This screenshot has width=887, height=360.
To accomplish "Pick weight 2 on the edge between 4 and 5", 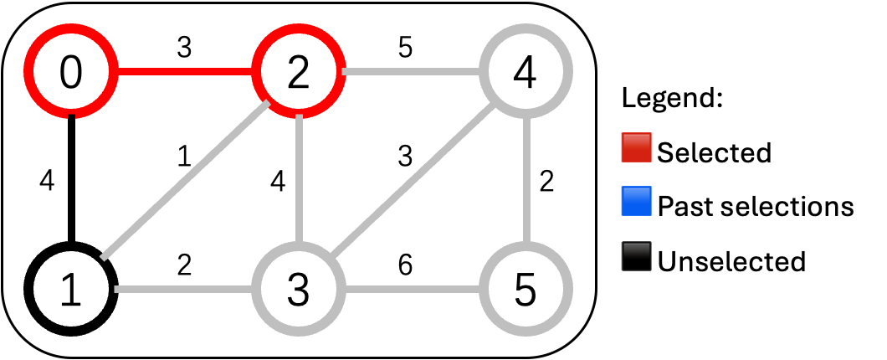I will tap(547, 182).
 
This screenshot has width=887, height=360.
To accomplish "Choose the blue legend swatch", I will tap(636, 204).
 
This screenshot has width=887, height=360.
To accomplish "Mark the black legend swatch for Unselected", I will tap(636, 260).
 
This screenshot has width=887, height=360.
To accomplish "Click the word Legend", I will tap(672, 99).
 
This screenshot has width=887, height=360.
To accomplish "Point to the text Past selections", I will tap(756, 205).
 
